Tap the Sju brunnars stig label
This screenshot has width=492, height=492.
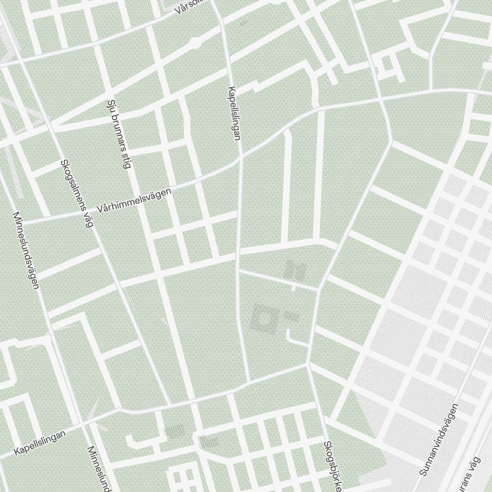pyautogui.click(x=119, y=134)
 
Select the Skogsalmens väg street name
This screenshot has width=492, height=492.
pyautogui.click(x=77, y=193)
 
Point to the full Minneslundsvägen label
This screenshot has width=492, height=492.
pyautogui.click(x=26, y=250)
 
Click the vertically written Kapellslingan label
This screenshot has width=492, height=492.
pyautogui.click(x=234, y=114)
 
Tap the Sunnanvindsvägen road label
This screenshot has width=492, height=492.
pyautogui.click(x=439, y=439)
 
